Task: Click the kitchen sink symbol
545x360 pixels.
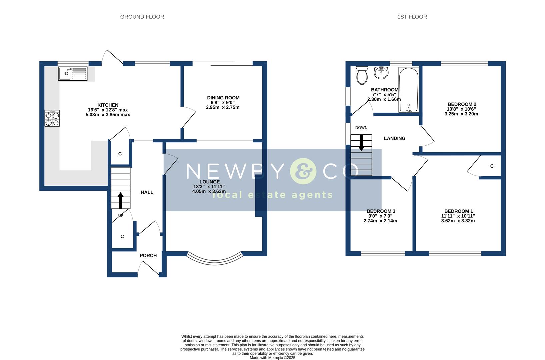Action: click(x=73, y=74)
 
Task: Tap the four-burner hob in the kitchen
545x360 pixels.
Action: click(x=52, y=118)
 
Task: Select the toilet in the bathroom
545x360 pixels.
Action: click(x=362, y=75)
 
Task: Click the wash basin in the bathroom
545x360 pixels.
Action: click(x=381, y=73)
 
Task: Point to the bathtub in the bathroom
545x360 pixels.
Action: click(x=409, y=90)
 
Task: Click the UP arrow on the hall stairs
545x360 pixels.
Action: click(x=120, y=200)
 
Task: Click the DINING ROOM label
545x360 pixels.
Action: click(x=223, y=98)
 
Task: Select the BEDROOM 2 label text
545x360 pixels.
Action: click(x=462, y=104)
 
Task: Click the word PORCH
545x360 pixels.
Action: click(x=148, y=255)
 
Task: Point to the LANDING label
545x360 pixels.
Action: click(x=395, y=138)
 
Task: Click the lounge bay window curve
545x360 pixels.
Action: click(x=214, y=262)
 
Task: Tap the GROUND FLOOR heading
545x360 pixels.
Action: click(x=142, y=17)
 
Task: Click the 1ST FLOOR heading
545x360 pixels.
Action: click(x=412, y=17)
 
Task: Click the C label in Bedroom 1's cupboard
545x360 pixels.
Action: click(x=492, y=166)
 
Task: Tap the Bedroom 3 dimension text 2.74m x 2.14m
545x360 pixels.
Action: click(x=380, y=221)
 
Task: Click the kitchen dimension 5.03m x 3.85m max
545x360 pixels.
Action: click(x=108, y=114)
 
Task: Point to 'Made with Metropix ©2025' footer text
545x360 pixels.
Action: click(x=272, y=358)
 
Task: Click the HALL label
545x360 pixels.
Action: click(x=147, y=192)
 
